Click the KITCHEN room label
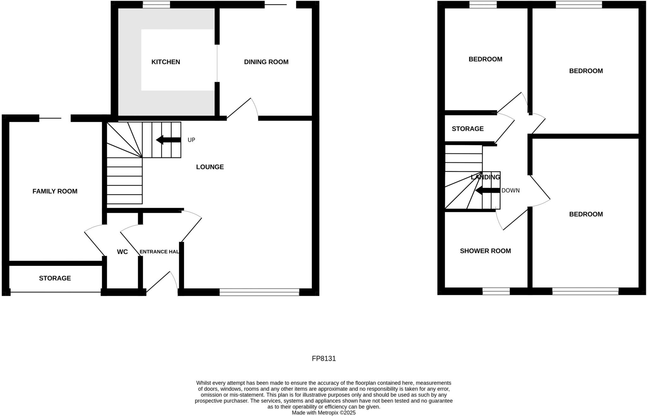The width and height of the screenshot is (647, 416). (166, 62)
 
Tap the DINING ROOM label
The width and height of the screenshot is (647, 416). (266, 62)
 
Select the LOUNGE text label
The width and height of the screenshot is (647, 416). (210, 167)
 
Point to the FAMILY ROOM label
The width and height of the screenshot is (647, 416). (55, 191)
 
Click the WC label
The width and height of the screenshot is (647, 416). (122, 252)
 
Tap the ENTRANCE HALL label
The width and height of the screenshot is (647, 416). (159, 252)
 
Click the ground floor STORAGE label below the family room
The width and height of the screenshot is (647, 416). (55, 278)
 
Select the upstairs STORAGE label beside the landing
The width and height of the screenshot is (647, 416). (468, 129)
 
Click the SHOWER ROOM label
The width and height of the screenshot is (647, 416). (485, 251)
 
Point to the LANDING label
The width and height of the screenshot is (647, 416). (485, 177)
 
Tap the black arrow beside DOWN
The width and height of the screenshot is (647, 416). (488, 191)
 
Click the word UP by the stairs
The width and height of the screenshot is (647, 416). (191, 140)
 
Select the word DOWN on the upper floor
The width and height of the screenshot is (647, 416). (511, 191)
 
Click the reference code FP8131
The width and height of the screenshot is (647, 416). (324, 359)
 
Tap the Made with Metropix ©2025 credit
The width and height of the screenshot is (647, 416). (324, 413)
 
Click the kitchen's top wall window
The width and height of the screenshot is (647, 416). (156, 4)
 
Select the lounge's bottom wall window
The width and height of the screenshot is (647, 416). (259, 292)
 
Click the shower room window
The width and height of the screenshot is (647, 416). (496, 291)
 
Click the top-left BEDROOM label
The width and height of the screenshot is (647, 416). (485, 59)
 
